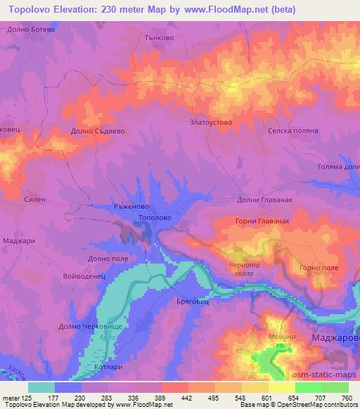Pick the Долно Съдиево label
(98, 131)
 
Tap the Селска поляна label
(294, 131)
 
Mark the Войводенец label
(84, 277)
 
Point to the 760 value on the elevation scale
(347, 398)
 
